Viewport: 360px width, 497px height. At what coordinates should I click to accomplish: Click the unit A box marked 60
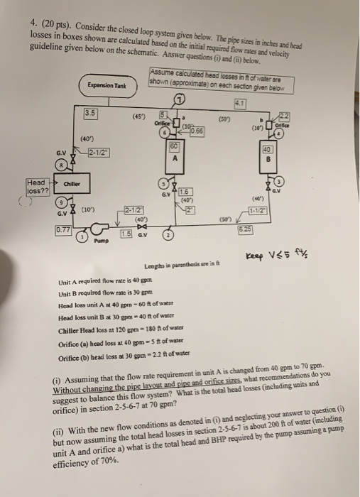tap(174, 155)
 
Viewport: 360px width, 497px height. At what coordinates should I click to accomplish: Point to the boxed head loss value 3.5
tap(91, 113)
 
